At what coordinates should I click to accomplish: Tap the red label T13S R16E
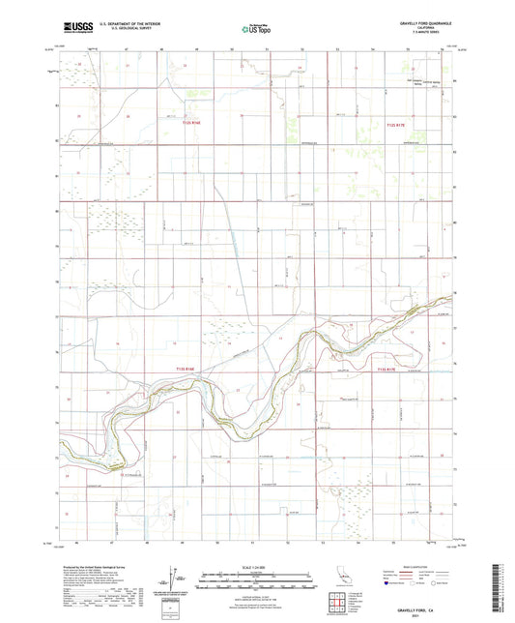click(x=189, y=369)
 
